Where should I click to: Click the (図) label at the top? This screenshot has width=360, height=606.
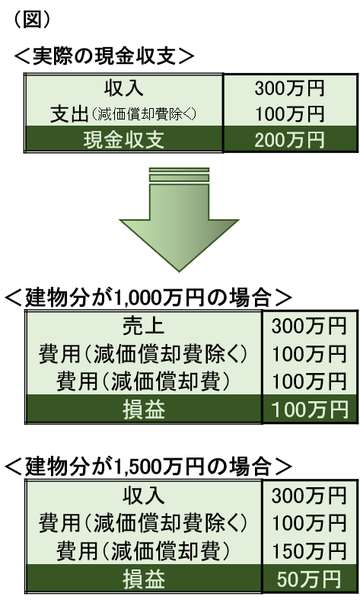tap(32, 19)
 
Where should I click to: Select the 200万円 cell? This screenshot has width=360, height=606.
tap(290, 140)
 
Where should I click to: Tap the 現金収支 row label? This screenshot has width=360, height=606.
tap(123, 140)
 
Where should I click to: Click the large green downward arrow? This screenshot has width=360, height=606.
tap(179, 219)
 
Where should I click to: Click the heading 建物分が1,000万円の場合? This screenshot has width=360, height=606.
tap(148, 298)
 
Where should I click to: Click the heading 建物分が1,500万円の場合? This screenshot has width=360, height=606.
tap(148, 467)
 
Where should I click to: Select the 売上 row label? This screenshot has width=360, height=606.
tap(144, 326)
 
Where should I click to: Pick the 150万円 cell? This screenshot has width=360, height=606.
tap(309, 550)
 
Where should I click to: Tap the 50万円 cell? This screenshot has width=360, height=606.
tap(309, 579)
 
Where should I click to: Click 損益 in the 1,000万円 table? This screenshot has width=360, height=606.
tap(144, 410)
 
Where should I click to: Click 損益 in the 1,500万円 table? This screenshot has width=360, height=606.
tap(144, 579)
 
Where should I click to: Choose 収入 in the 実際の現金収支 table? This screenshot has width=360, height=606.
tap(123, 88)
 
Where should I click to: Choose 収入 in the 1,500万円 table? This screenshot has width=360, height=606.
tap(144, 496)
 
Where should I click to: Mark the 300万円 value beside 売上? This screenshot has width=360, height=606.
tap(309, 326)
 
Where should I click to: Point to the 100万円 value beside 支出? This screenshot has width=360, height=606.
tap(290, 114)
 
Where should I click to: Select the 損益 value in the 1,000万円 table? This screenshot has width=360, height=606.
tap(310, 410)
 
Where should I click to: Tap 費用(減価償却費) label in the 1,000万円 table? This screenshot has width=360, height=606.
tap(143, 381)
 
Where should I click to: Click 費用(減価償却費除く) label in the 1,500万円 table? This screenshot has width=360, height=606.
tap(143, 523)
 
